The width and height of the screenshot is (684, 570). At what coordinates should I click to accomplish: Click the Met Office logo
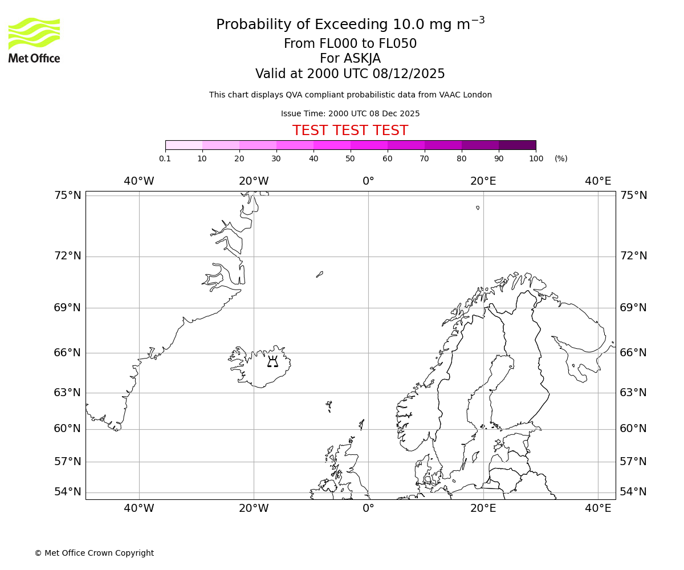coord(34,40)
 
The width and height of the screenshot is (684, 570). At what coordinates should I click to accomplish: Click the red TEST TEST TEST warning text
coord(350,131)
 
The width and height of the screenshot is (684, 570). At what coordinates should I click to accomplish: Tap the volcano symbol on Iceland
coord(272,361)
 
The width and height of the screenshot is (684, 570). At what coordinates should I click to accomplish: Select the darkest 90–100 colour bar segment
coord(517,145)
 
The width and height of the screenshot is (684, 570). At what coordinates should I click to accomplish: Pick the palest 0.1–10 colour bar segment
coord(184,145)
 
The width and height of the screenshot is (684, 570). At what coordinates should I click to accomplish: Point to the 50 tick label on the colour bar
coord(351,158)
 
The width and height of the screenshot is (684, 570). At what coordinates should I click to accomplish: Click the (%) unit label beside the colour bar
coord(561,158)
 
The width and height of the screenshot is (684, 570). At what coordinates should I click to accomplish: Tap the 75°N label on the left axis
coord(68,196)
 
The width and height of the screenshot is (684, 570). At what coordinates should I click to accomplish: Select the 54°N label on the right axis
coord(633,492)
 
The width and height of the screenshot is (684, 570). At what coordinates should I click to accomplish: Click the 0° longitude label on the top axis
coord(368,181)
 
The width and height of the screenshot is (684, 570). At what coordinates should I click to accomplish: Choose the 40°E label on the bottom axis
coord(598,508)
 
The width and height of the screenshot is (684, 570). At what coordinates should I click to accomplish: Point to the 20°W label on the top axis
coord(254,181)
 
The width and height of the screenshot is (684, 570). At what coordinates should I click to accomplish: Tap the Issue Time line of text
coord(350,113)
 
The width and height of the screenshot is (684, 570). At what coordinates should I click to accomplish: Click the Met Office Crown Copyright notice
coord(94,553)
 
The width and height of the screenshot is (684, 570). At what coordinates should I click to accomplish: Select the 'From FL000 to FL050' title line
coord(350,44)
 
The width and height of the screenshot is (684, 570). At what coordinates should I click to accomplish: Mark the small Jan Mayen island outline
coord(320,274)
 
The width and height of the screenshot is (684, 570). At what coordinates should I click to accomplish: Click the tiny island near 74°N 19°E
coord(478,207)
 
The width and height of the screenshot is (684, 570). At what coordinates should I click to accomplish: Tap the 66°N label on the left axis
coord(68,352)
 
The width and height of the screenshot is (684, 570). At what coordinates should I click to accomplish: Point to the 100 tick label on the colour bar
coord(536,158)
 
